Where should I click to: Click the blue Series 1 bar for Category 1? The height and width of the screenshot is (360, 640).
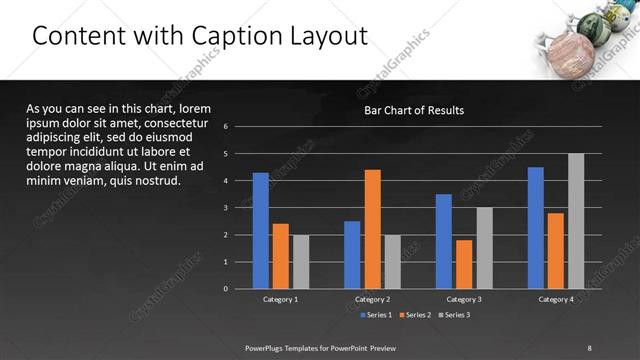(260, 231)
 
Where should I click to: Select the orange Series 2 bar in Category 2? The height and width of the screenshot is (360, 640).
(372, 229)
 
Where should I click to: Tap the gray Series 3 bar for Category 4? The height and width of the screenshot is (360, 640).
(576, 221)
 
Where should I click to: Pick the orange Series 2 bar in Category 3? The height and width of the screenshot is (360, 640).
(464, 264)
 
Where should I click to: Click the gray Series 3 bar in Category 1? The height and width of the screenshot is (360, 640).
(300, 262)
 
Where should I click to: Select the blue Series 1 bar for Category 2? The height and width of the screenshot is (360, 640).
(352, 255)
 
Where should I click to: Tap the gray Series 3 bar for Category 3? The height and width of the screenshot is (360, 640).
(484, 248)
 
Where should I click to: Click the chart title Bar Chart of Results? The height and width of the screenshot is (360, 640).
(413, 110)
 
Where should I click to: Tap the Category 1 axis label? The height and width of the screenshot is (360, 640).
(280, 299)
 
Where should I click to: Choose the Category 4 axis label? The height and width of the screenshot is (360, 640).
(556, 299)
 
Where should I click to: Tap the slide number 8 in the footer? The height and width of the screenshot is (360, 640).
(589, 347)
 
